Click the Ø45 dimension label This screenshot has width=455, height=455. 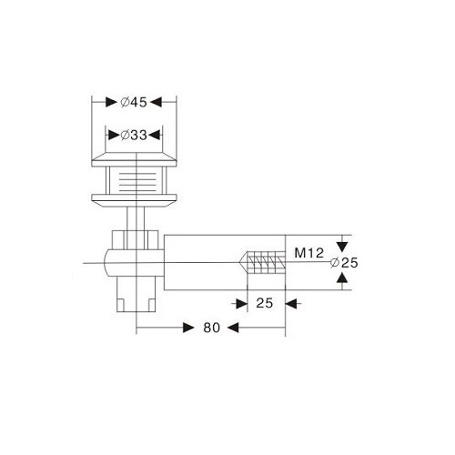pyautogui.click(x=134, y=102)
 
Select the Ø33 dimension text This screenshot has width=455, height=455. pyautogui.click(x=134, y=135)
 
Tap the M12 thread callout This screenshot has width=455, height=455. pyautogui.click(x=309, y=253)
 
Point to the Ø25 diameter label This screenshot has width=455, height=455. pyautogui.click(x=344, y=263)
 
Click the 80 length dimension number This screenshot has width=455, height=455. pyautogui.click(x=212, y=328)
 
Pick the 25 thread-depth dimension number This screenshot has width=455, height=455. pyautogui.click(x=265, y=303)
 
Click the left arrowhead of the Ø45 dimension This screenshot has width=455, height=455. pyautogui.click(x=111, y=102)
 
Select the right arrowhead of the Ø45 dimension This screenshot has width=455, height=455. pyautogui.click(x=156, y=102)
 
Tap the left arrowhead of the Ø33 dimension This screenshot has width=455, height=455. pyautogui.click(x=114, y=135)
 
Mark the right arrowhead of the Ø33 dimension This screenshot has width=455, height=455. pyautogui.click(x=155, y=135)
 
